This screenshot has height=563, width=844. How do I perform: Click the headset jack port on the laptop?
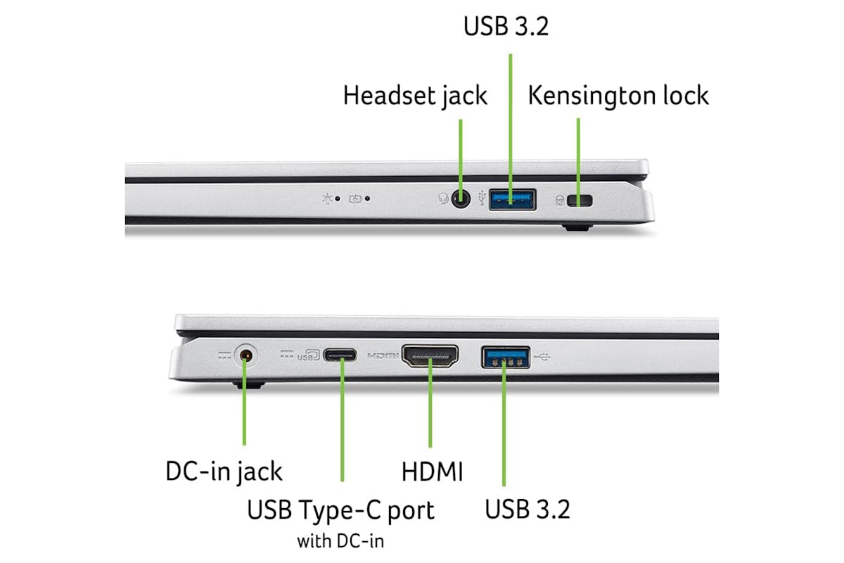coord(461,198)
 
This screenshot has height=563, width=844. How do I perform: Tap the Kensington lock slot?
coord(580,201)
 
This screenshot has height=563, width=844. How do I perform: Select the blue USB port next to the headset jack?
coord(513,200)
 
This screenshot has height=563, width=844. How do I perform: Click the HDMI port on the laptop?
coord(430,355)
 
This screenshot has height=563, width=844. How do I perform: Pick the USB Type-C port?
coord(340,355)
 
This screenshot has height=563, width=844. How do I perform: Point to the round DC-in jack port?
coord(245,355)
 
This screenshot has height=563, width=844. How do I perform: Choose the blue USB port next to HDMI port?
coord(506,358)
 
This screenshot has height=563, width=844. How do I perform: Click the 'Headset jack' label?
coord(415,96)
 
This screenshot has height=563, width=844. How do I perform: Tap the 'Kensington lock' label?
coord(618,96)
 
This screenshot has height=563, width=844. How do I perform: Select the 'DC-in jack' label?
coord(224,472)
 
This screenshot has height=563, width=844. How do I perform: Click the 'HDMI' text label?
coord(432,472)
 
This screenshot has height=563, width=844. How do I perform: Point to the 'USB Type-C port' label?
coord(340,510)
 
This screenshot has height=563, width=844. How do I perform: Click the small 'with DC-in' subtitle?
coord(340,541)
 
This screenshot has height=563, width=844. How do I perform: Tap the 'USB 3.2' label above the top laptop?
coord(506,27)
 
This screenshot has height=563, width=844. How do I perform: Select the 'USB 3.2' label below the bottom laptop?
coord(527,510)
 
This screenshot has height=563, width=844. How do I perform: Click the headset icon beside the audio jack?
coord(443,198)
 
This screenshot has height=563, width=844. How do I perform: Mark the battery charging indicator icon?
coord(355,198)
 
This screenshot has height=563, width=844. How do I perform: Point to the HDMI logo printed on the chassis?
coord(383,355)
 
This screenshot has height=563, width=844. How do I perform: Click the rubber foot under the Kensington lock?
coord(577,227)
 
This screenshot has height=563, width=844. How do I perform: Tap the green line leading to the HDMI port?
coord(430,403)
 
